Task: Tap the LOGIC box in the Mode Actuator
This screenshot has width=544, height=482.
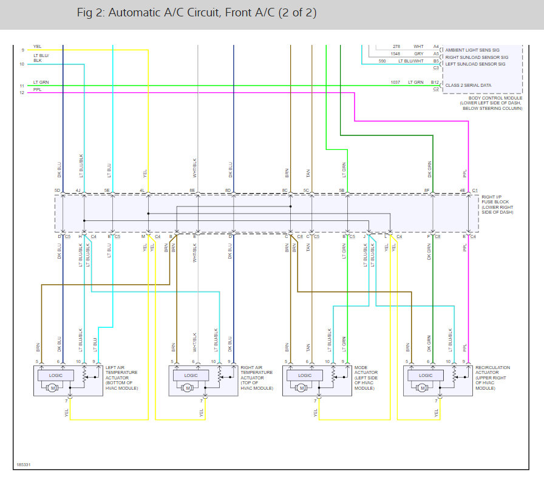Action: (304, 375)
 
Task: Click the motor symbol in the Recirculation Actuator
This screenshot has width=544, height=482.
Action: (422, 388)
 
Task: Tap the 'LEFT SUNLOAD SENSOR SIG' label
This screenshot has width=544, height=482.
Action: (475, 64)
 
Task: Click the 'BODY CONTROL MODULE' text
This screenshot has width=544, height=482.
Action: (491, 98)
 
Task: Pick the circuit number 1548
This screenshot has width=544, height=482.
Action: (396, 53)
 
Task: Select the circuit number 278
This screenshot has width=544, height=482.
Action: (396, 47)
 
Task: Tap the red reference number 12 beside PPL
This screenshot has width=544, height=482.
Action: (22, 92)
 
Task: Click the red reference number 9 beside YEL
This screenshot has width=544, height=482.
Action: (22, 50)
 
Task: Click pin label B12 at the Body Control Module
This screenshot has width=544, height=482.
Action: (435, 82)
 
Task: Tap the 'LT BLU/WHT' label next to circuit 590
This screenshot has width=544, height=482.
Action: (411, 61)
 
